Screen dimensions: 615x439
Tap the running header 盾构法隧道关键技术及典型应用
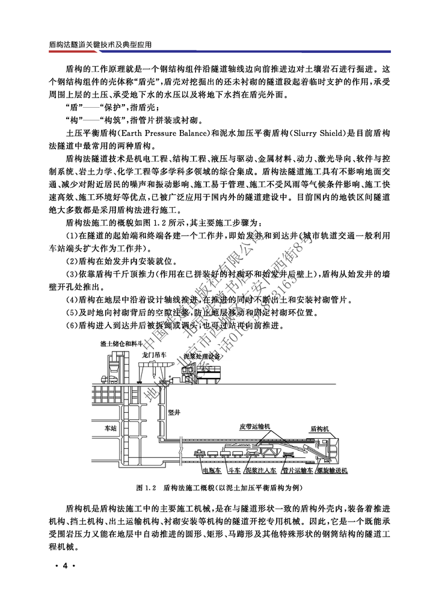tap(99, 45)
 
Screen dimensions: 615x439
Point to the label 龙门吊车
tap(155, 356)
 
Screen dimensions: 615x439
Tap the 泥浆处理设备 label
tap(201, 356)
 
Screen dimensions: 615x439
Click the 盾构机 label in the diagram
tap(320, 429)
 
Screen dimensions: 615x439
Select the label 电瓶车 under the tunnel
tap(212, 471)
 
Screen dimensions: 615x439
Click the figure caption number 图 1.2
tap(146, 487)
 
